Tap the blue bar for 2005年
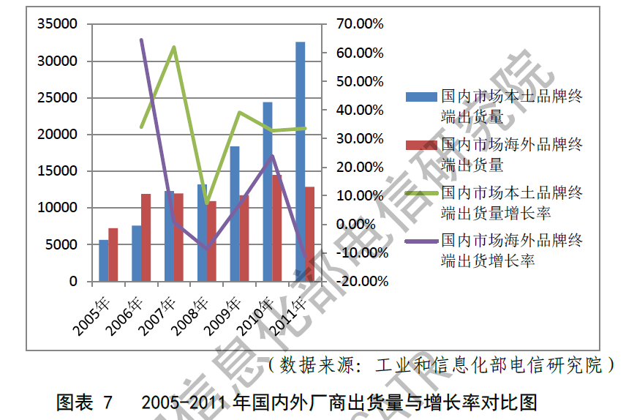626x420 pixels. coord(104,260)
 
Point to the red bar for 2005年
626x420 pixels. coord(113,255)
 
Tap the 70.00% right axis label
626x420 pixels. coord(360,24)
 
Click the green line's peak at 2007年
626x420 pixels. coord(174,48)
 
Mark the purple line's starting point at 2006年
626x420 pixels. coord(141,40)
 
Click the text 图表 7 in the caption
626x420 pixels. coord(85,402)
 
